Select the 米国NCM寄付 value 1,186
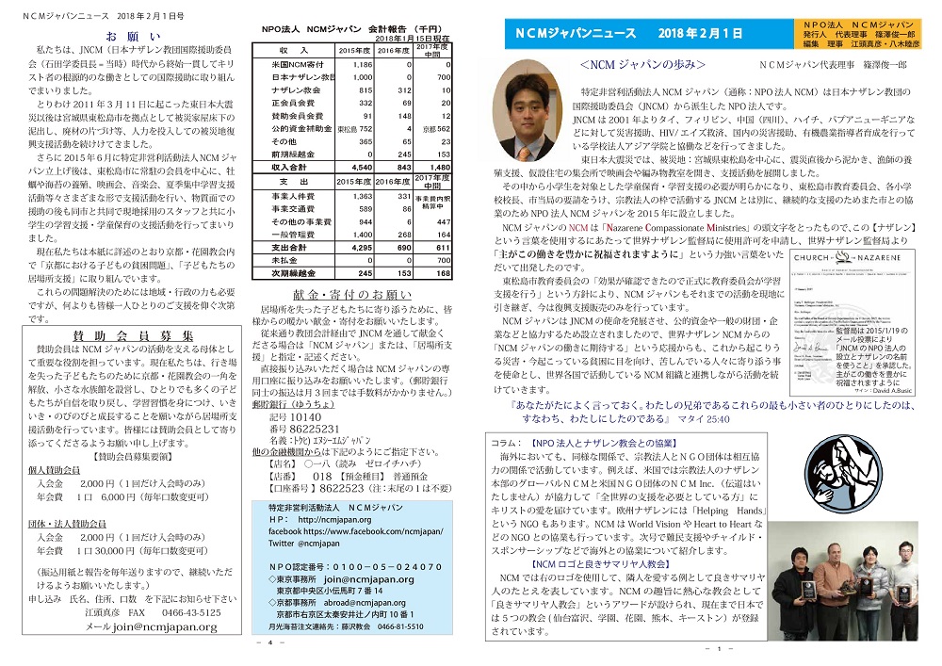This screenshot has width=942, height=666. (361, 64)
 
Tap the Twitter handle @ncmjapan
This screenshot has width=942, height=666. (305, 544)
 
